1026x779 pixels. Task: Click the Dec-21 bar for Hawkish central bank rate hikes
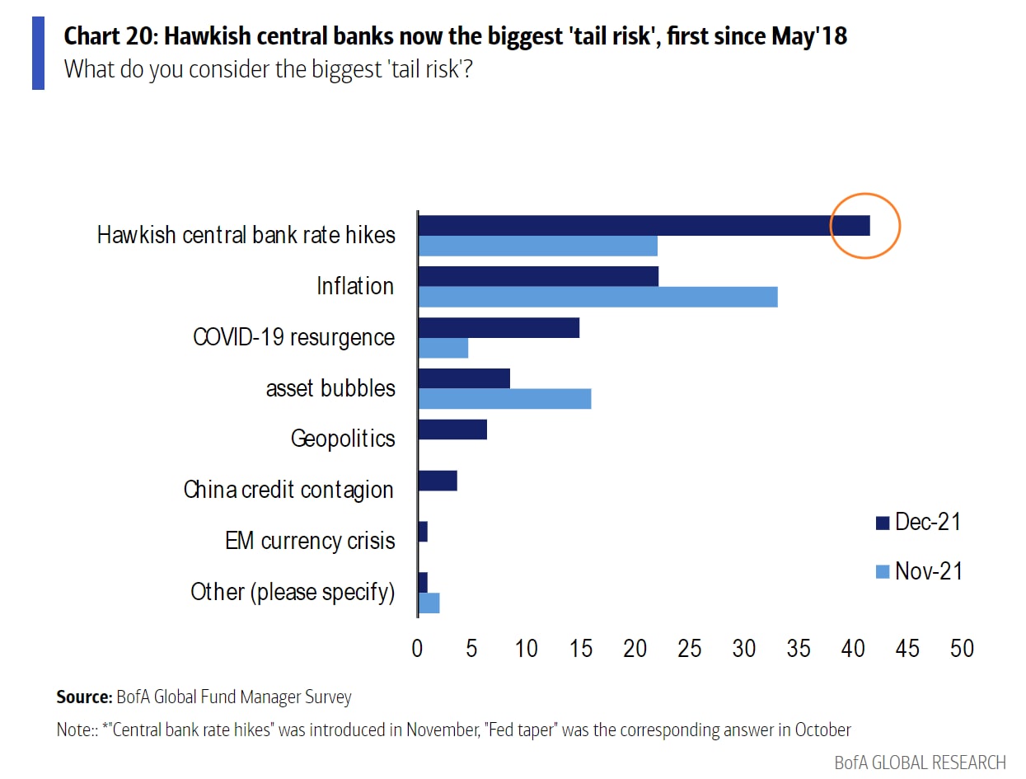(x=643, y=225)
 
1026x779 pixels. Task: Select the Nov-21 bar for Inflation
(x=597, y=297)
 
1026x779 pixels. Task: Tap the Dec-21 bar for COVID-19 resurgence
(x=499, y=327)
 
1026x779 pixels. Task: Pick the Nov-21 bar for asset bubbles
(x=504, y=399)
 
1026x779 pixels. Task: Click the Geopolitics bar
(x=452, y=429)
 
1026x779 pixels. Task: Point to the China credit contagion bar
(x=438, y=481)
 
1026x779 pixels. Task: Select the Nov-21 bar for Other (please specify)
(x=429, y=603)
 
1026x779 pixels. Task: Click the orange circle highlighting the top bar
(x=864, y=225)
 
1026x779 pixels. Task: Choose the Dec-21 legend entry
(x=918, y=522)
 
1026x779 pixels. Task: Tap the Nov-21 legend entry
(x=918, y=570)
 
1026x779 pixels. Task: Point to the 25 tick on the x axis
(x=690, y=648)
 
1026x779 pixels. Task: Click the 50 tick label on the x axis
(x=962, y=648)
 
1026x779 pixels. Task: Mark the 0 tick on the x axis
(x=418, y=648)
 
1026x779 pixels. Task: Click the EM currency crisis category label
(x=310, y=541)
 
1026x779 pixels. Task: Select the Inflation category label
(x=355, y=286)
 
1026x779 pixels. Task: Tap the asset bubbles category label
(x=330, y=388)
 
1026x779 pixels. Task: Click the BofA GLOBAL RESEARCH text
(x=920, y=762)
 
